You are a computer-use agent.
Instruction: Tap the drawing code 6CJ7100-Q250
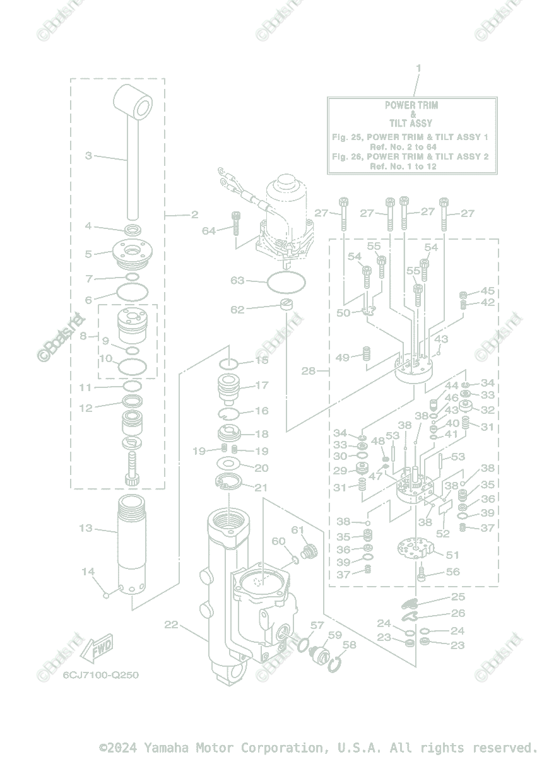tap(100, 675)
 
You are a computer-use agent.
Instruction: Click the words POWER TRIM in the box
tap(411, 105)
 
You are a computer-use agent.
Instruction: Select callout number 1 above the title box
tap(418, 68)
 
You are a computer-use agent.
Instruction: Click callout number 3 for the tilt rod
tap(88, 155)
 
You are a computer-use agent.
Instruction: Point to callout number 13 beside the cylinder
tap(86, 528)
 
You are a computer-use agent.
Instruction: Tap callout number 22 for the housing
tap(171, 625)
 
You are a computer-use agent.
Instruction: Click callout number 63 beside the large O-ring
tap(237, 280)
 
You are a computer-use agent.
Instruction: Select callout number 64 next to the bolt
tap(209, 231)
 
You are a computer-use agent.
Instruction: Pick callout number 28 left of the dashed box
tap(308, 371)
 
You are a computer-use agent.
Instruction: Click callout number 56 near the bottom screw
tap(453, 572)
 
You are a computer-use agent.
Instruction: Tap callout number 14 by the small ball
tap(88, 572)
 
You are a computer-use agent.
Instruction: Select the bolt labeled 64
tap(236, 223)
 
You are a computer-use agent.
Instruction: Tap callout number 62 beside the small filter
tap(237, 310)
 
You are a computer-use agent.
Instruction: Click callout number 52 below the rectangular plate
tap(442, 534)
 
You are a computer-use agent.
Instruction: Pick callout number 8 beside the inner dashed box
tap(83, 336)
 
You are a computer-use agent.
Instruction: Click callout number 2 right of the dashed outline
tap(194, 214)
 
